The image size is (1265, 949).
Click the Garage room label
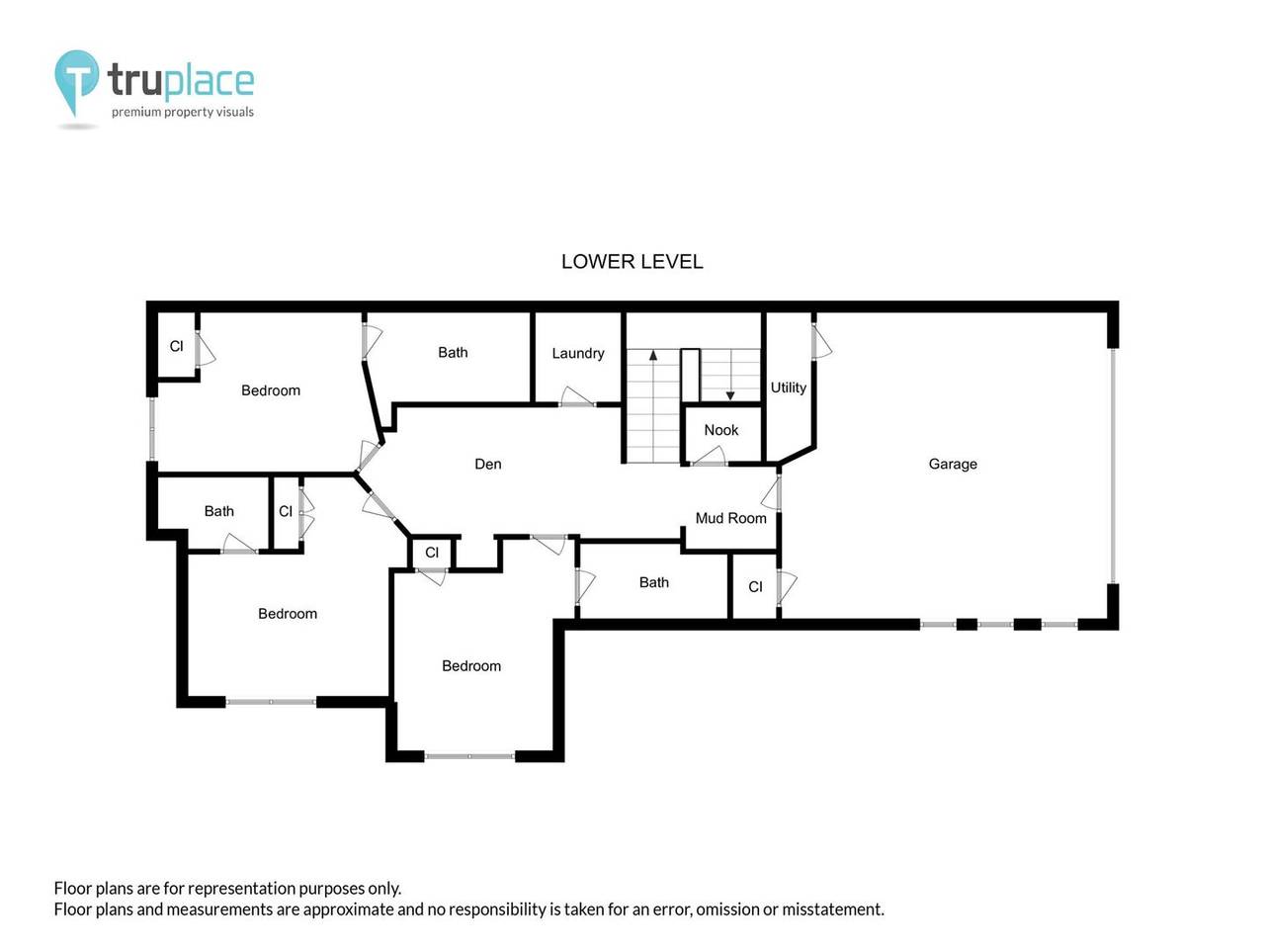952,465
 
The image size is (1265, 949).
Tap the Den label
487,464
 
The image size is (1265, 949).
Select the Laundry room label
577,353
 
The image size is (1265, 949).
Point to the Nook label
721,430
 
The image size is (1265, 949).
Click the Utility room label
788,388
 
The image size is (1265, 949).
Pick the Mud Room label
730,518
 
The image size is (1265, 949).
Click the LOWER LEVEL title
632,262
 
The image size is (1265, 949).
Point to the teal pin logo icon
76,83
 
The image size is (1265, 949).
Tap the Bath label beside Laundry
453,353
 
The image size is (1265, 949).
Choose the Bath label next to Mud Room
653,582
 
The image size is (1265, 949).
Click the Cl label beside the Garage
755,587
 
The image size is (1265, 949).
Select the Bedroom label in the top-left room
270,390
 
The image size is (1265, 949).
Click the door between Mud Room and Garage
772,493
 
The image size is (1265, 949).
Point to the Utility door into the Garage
820,341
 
